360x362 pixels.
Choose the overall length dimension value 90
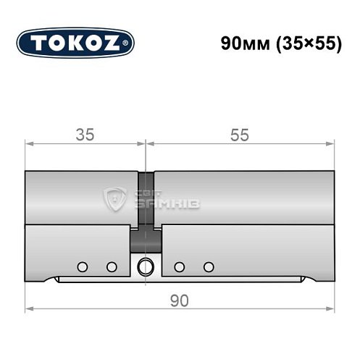(180, 299)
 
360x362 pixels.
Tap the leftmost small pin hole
(83, 266)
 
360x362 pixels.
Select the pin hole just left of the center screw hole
(112, 266)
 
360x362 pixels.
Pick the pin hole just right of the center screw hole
(179, 266)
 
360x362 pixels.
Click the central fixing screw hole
(147, 266)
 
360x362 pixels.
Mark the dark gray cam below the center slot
(146, 238)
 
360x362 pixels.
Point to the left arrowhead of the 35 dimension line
(29, 144)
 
